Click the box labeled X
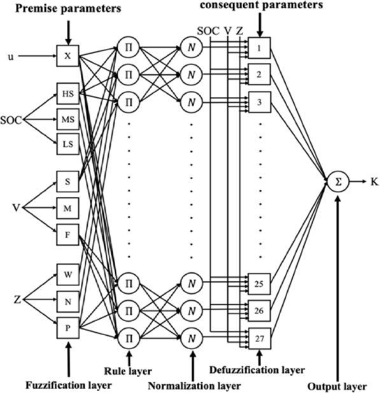(67, 55)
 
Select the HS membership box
(67, 94)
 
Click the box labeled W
(67, 275)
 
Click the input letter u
(9, 55)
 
